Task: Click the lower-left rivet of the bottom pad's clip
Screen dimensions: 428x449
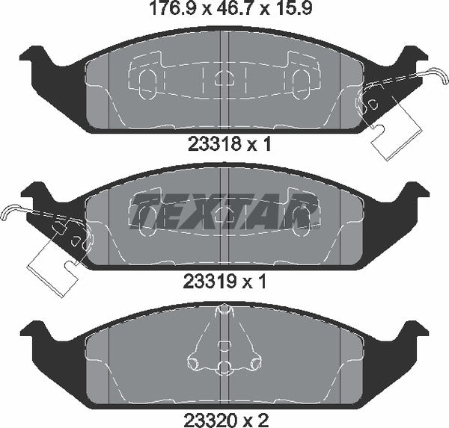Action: tap(197, 363)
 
